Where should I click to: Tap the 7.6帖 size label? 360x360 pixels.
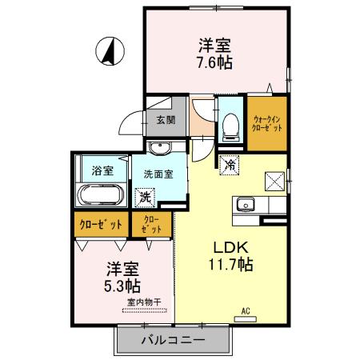pyautogui.click(x=214, y=62)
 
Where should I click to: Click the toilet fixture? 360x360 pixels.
pyautogui.click(x=230, y=124)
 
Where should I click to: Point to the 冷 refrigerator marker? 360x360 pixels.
pyautogui.click(x=229, y=165)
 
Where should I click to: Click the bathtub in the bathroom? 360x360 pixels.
pyautogui.click(x=100, y=194)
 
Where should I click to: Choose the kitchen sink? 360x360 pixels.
pyautogui.click(x=246, y=204)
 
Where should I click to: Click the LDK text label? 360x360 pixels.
pyautogui.click(x=227, y=246)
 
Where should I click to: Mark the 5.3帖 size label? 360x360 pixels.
pyautogui.click(x=122, y=285)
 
